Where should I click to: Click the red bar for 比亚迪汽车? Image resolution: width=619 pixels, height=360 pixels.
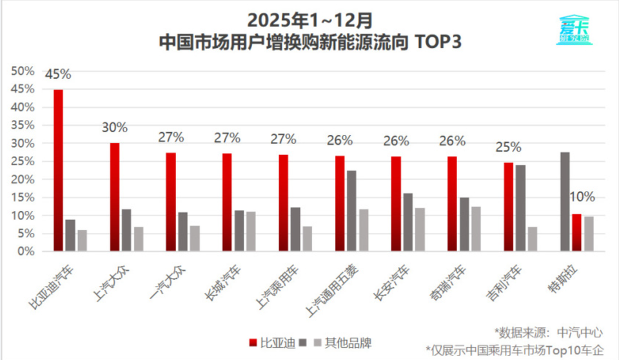click(58, 170)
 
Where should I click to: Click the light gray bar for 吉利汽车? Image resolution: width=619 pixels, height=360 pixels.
click(532, 239)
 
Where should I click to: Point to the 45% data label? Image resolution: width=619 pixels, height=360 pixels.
click(58, 74)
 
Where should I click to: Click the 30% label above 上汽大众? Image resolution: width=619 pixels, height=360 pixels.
click(115, 128)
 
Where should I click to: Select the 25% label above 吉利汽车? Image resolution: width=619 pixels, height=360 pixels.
click(509, 147)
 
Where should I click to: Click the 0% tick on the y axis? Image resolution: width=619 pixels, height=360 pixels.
click(26, 252)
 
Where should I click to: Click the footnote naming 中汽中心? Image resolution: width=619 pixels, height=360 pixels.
click(549, 332)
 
